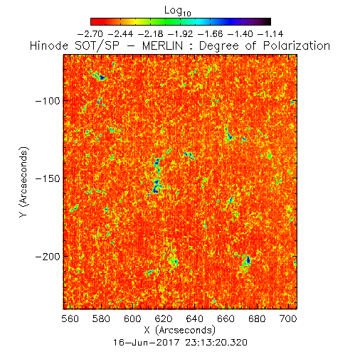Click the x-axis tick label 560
[70, 318]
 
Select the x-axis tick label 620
[164, 318]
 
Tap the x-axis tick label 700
[288, 318]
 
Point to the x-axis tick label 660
[226, 318]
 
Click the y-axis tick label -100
[48, 101]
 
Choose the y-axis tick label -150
[48, 178]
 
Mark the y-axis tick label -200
[48, 257]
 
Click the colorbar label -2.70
[90, 34]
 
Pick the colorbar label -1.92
[181, 34]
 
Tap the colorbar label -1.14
[270, 34]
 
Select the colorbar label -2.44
[120, 34]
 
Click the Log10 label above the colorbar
[178, 11]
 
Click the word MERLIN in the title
[162, 45]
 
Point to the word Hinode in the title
[49, 45]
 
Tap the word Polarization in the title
[297, 45]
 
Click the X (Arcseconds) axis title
[180, 330]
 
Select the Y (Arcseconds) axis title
[24, 182]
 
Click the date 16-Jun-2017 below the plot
[146, 343]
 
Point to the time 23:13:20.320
[216, 343]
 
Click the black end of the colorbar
[268, 21]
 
